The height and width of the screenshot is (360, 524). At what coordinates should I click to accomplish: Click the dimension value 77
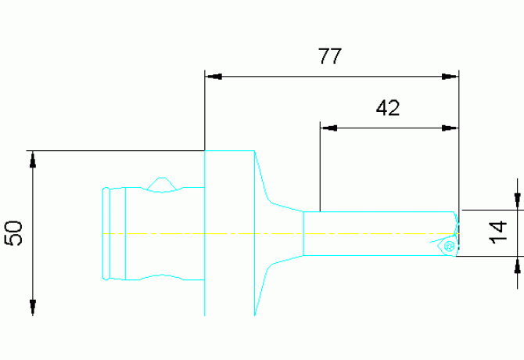[x=332, y=56]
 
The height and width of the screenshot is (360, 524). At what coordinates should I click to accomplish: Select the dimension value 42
[x=388, y=108]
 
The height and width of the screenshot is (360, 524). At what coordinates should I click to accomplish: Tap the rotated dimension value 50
[x=13, y=232]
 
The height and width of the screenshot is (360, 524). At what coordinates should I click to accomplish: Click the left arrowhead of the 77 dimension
[x=214, y=77]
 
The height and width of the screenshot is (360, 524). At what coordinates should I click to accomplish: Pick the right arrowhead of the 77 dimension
[x=449, y=77]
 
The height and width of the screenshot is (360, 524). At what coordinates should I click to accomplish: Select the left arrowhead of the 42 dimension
[x=329, y=126]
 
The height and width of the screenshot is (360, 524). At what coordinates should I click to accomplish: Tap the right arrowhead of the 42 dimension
[x=449, y=126]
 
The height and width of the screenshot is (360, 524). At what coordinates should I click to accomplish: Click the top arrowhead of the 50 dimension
[x=33, y=159]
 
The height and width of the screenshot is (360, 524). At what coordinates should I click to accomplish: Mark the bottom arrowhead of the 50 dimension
[x=33, y=307]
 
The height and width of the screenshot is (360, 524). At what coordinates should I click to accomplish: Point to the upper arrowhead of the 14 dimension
[x=516, y=201]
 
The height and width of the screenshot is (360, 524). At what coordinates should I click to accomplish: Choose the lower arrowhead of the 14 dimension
[x=516, y=265]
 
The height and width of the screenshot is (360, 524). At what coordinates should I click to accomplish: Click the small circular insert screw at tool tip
[x=448, y=247]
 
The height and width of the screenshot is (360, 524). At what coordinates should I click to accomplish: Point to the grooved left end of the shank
[x=115, y=233]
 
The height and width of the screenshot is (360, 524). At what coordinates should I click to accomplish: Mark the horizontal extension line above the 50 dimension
[x=117, y=149]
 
